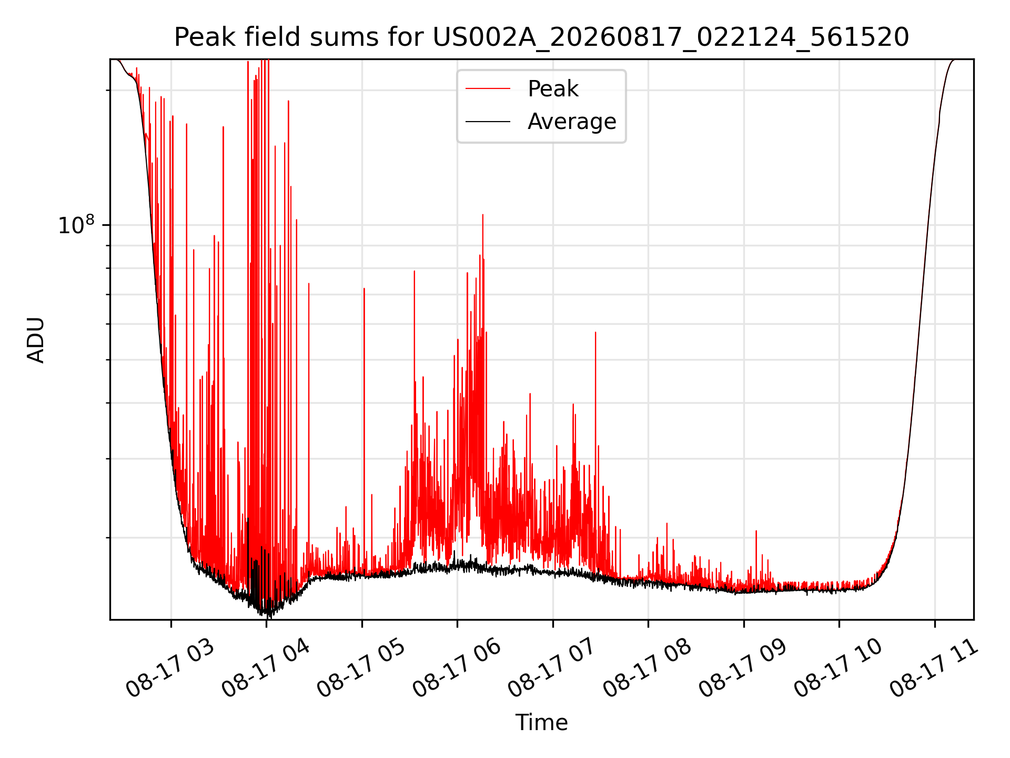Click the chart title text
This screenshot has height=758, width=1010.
pos(541,37)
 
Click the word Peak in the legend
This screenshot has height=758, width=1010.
pos(553,89)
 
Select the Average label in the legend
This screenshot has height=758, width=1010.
pos(572,122)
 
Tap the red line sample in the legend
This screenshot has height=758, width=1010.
pos(488,89)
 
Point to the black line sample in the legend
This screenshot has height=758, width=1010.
pos(488,122)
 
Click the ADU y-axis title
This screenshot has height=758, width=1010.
pos(36,340)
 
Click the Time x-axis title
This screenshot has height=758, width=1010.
pos(541,723)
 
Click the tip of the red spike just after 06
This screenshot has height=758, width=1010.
pos(483,215)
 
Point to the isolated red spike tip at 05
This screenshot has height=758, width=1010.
pos(364,288)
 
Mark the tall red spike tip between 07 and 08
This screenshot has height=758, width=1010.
pos(595,332)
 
